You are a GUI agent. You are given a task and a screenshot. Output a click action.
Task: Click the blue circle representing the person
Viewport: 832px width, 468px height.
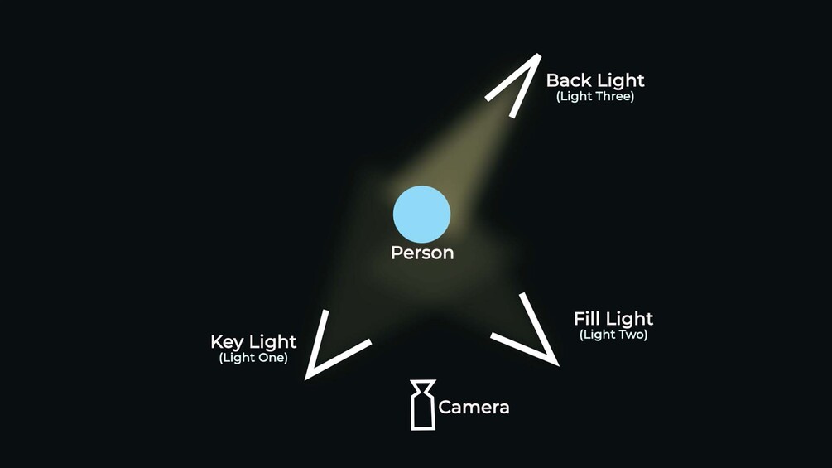click(x=421, y=215)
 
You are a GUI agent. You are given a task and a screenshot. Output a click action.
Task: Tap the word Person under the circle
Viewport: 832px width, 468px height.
click(x=422, y=253)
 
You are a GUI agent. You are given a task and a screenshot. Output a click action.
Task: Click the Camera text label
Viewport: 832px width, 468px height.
click(x=474, y=407)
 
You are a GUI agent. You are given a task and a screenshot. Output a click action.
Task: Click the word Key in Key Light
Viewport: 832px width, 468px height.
click(x=227, y=341)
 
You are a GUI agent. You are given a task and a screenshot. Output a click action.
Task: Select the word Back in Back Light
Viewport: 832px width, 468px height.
click(x=567, y=80)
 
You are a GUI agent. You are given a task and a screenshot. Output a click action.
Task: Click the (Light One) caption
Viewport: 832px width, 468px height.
click(x=253, y=359)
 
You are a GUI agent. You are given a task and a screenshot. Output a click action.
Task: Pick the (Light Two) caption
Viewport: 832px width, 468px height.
click(x=613, y=335)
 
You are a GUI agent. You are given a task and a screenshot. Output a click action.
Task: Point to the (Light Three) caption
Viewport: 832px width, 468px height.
click(x=595, y=96)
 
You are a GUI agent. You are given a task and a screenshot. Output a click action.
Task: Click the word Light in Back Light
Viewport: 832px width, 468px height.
click(x=618, y=80)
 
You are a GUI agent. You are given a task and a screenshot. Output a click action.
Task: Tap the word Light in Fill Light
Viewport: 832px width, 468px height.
click(x=629, y=319)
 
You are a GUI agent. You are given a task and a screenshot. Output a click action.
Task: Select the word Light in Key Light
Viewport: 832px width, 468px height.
click(x=272, y=341)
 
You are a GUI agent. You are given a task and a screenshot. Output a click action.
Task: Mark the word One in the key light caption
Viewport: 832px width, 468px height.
click(x=271, y=359)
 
